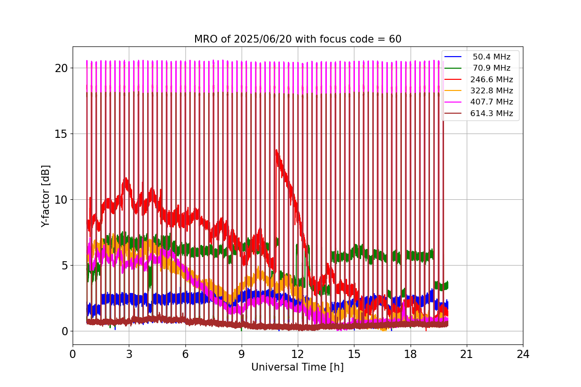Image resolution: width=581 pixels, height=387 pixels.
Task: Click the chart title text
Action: [297, 39]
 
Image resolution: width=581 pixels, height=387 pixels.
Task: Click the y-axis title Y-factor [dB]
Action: [46, 195]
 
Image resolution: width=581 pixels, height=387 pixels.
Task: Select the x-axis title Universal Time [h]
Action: [297, 367]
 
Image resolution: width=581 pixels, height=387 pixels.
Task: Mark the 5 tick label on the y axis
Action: [64, 265]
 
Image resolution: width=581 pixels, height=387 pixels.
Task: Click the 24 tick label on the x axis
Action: [522, 354]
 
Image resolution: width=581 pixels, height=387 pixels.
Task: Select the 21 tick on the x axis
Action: [466, 354]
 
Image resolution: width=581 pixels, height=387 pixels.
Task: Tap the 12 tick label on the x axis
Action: [297, 354]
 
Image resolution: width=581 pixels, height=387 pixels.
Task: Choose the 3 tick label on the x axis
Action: [129, 354]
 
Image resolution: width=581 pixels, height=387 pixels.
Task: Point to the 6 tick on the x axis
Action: [185, 354]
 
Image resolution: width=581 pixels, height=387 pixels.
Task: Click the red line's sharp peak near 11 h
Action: [276, 150]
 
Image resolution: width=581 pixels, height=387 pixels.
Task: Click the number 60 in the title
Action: [395, 39]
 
